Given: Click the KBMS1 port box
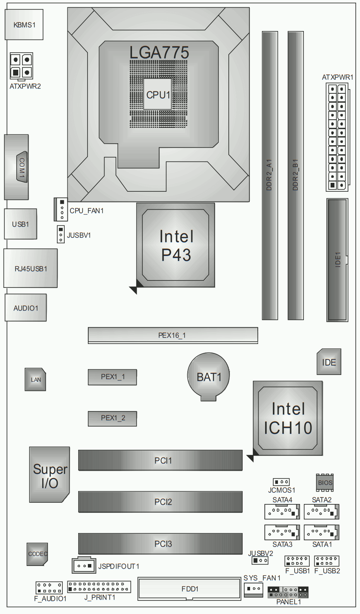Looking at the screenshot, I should tap(24, 25).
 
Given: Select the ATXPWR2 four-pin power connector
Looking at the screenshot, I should tap(21, 66).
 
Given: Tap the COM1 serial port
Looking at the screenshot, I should tap(17, 167).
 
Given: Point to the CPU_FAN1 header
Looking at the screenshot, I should tap(61, 209).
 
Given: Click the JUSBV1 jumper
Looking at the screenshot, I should tap(61, 234).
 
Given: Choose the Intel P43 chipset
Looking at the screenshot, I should tap(176, 245).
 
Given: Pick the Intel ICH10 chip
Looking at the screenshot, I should tap(288, 418).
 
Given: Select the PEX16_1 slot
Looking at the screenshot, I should tap(173, 335).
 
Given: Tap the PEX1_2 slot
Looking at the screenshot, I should tap(112, 418).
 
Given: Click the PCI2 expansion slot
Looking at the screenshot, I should tap(160, 502).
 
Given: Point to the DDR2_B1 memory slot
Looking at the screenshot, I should tap(296, 175).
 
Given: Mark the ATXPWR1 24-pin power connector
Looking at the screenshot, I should tap(337, 137).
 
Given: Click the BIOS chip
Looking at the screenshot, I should tap(325, 483).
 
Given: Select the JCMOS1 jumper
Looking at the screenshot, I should tap(281, 482).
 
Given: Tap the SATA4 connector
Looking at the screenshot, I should tap(282, 512).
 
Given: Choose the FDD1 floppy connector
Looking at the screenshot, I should tap(189, 589).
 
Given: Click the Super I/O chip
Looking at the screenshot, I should tap(50, 475).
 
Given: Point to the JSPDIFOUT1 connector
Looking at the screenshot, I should tap(84, 566).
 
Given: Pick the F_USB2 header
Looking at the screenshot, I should tap(327, 561).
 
